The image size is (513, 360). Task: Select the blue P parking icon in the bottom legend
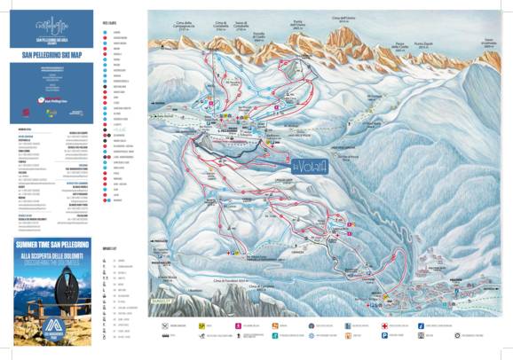382,336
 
